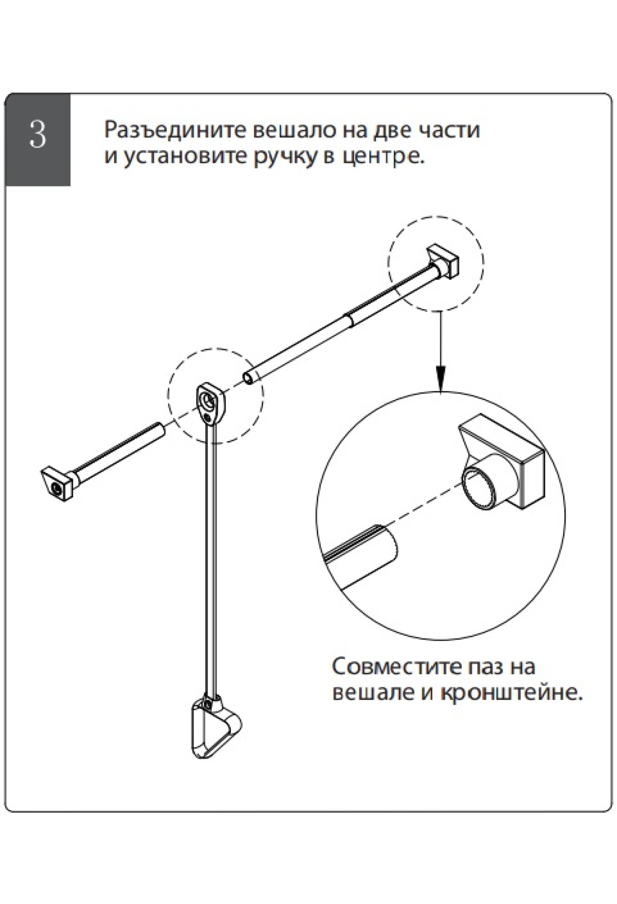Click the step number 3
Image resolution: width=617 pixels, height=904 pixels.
(x=38, y=135)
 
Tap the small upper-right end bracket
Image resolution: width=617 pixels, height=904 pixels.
(x=444, y=263)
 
